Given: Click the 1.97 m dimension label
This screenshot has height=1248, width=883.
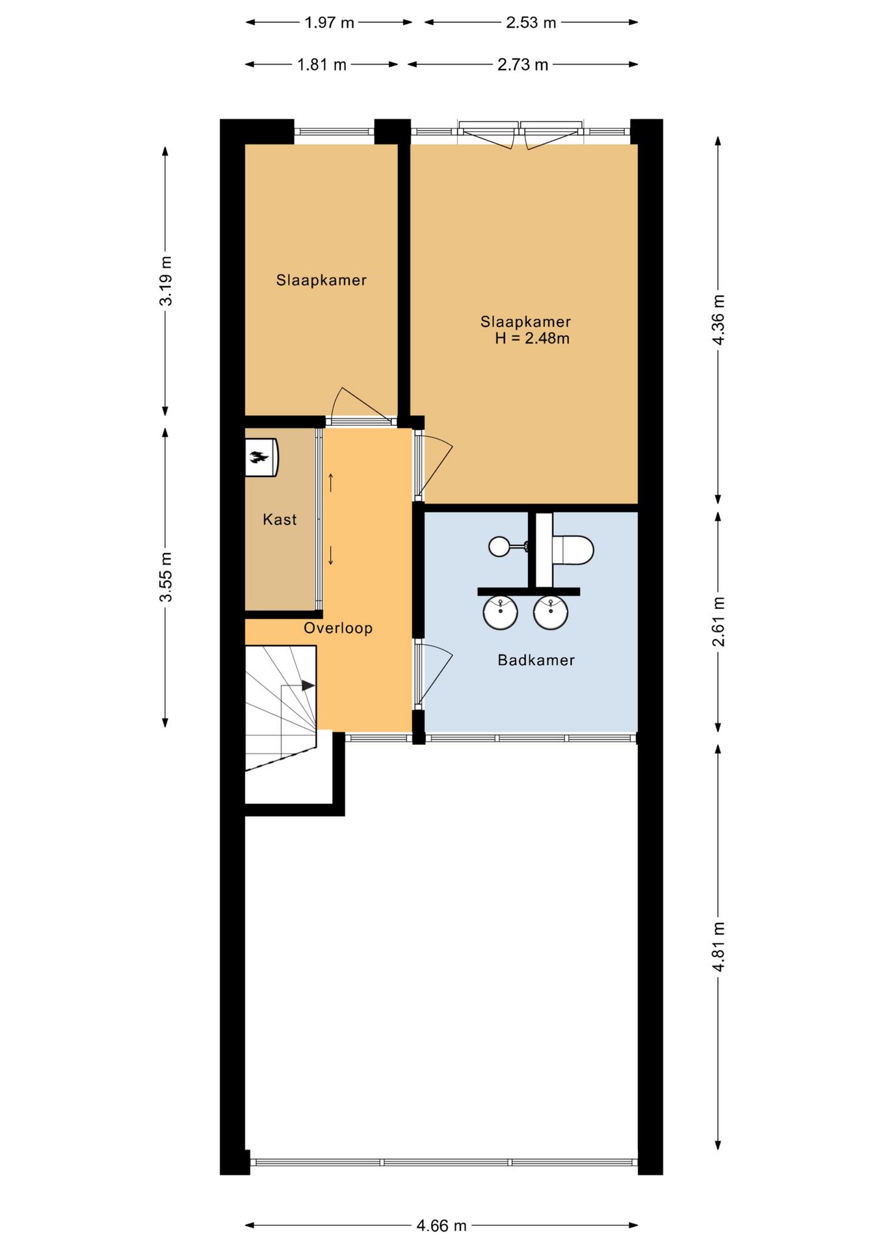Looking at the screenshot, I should pyautogui.click(x=329, y=23).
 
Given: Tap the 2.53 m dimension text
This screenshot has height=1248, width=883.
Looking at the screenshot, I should pyautogui.click(x=531, y=23).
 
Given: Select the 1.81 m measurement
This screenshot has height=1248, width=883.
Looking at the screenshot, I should pyautogui.click(x=321, y=64).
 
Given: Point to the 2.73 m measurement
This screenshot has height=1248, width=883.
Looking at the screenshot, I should pyautogui.click(x=522, y=64).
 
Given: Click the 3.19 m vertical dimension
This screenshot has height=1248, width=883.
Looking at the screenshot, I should pyautogui.click(x=166, y=280).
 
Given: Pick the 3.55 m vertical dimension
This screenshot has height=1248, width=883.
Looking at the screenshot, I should pyautogui.click(x=166, y=577).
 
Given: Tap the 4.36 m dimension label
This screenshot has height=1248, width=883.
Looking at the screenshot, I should pyautogui.click(x=718, y=320).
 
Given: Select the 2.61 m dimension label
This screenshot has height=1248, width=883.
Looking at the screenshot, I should pyautogui.click(x=718, y=621).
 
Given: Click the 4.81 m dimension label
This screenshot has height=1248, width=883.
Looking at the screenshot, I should pyautogui.click(x=718, y=946).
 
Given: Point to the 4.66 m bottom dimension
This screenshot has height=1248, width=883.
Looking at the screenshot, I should pyautogui.click(x=441, y=1226).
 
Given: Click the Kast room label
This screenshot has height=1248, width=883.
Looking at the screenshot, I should pyautogui.click(x=280, y=519).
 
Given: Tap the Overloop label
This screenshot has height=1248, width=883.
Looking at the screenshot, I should pyautogui.click(x=338, y=628).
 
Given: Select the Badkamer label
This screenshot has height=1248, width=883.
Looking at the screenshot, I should pyautogui.click(x=536, y=660).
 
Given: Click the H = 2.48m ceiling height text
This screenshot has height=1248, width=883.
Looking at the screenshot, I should pyautogui.click(x=532, y=338).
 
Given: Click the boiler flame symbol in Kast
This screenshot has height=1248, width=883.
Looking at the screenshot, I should pyautogui.click(x=259, y=457).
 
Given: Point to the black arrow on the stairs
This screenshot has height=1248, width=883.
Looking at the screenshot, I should pyautogui.click(x=308, y=686).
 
